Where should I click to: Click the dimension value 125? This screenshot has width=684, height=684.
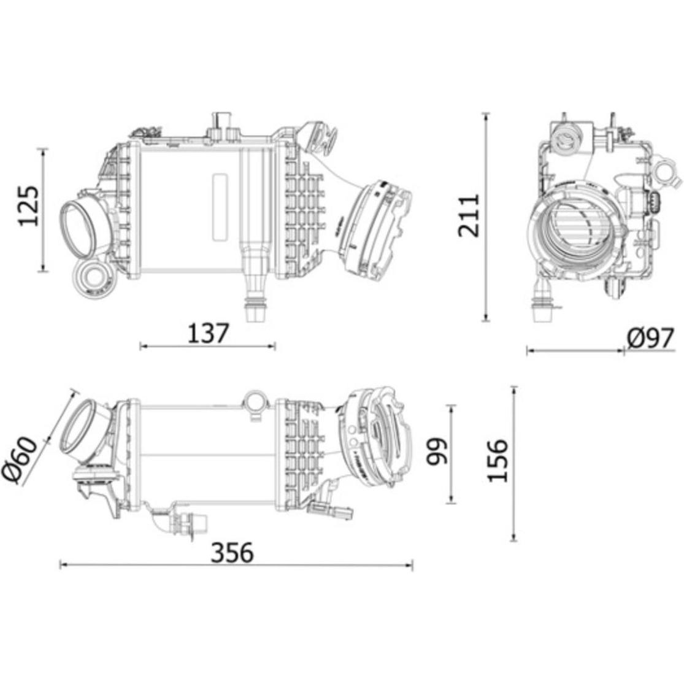(29, 206)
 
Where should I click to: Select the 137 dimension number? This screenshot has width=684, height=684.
(208, 333)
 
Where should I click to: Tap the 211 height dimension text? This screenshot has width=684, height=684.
(469, 216)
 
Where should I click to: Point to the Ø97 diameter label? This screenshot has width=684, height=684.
(651, 338)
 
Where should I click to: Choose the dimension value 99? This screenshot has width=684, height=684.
(437, 452)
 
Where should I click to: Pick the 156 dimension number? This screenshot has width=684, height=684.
(498, 461)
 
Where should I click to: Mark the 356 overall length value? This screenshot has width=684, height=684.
(232, 553)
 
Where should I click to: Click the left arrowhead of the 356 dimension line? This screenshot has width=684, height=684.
(63, 566)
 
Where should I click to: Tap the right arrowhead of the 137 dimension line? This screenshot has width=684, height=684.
(272, 347)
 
